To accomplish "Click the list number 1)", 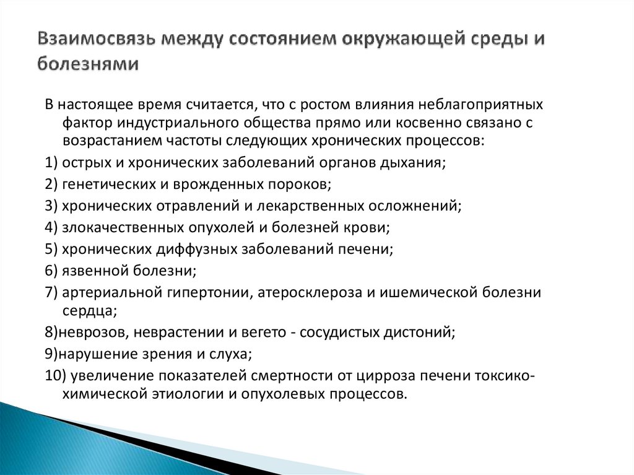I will click(52, 162).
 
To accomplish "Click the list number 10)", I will click(54, 375).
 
